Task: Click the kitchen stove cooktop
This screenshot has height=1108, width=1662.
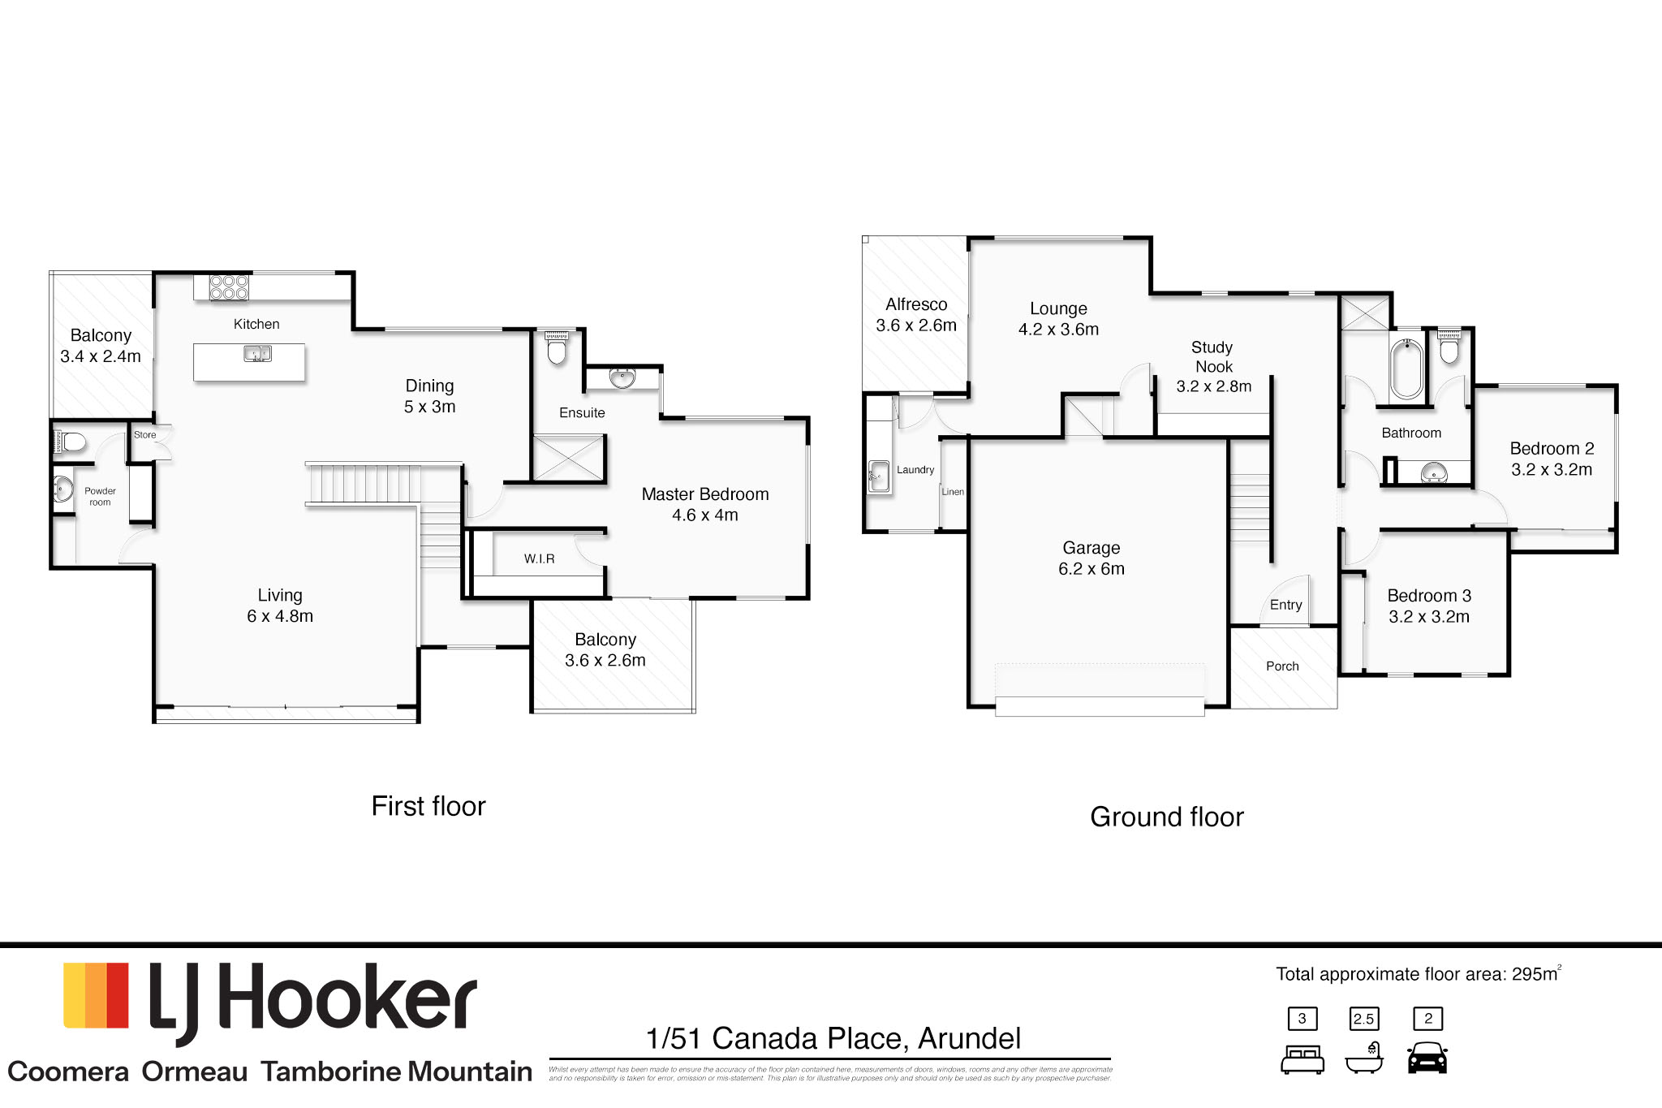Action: click(x=229, y=287)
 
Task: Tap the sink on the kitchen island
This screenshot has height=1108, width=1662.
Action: click(x=257, y=354)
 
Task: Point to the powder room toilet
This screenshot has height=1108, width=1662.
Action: click(x=71, y=442)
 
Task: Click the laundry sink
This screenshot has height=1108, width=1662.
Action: click(x=878, y=476)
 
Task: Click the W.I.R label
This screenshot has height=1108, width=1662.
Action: click(x=539, y=558)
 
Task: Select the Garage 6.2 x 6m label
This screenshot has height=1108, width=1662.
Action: click(x=1091, y=558)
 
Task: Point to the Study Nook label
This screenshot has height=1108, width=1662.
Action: click(x=1213, y=367)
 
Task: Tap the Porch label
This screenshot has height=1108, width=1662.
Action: click(x=1282, y=666)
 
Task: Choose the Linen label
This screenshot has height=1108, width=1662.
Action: click(x=953, y=492)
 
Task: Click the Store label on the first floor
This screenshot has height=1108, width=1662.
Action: click(x=144, y=435)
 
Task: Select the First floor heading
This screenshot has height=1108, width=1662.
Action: click(x=428, y=806)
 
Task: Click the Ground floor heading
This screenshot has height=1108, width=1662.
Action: click(x=1166, y=817)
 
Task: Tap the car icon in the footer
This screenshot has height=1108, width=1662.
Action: click(x=1427, y=1058)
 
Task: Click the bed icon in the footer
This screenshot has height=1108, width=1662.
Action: click(x=1302, y=1059)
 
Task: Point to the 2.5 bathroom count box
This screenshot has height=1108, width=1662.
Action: click(x=1363, y=1019)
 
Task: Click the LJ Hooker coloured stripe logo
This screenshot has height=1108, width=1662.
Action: click(x=96, y=995)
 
